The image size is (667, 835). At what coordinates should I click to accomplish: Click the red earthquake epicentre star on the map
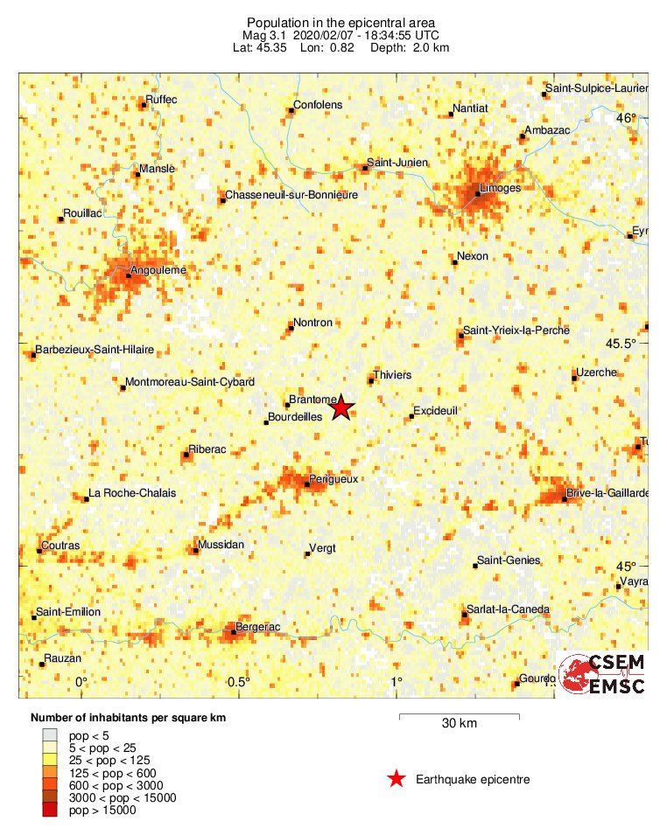341,407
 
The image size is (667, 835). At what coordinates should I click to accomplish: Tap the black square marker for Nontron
291,329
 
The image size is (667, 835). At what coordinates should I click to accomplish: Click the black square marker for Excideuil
411,416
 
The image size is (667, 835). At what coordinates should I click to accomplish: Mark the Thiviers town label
391,375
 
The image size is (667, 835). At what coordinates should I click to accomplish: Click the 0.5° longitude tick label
238,682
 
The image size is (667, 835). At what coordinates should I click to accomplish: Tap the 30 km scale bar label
459,723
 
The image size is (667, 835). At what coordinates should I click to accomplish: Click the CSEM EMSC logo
601,673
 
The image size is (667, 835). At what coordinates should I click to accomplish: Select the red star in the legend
397,779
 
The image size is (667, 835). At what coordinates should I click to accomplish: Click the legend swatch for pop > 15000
49,811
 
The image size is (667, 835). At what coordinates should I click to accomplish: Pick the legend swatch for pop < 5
49,736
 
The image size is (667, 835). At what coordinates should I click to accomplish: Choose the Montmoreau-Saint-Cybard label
190,382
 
